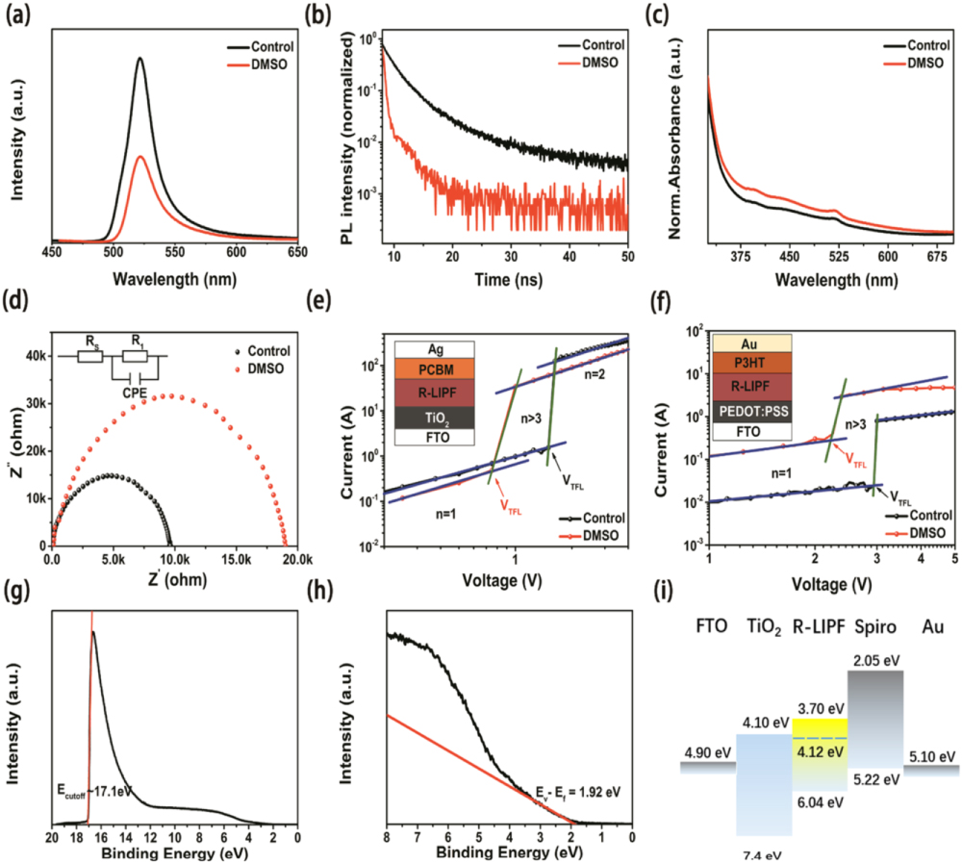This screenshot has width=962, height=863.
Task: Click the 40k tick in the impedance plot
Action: click(30, 356)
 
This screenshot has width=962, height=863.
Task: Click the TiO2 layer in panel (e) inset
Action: click(435, 417)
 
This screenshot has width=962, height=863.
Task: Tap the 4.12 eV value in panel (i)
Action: click(820, 753)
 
